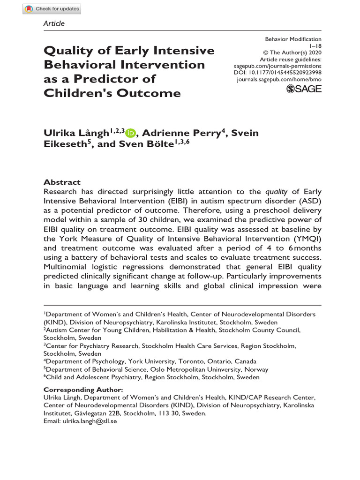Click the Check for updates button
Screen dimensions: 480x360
point(52,8)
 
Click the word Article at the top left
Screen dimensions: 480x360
point(54,23)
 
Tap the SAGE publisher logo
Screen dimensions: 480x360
point(304,89)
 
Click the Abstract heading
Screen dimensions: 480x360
point(62,182)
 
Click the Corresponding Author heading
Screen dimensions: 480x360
point(83,390)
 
